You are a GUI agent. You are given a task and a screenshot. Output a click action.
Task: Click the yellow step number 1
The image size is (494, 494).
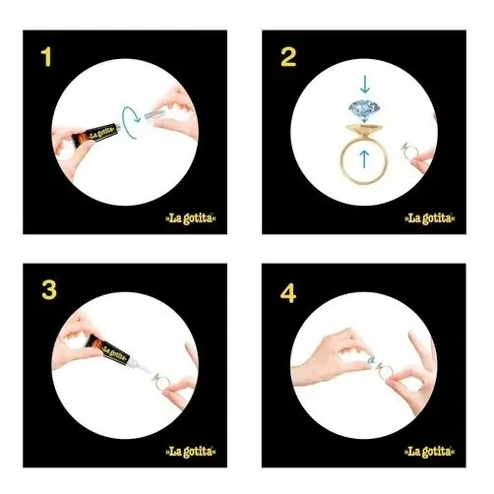point(46,57)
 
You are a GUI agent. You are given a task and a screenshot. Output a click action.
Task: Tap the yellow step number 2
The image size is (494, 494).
point(288,57)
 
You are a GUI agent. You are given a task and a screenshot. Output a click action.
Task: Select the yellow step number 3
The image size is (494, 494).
point(49,290)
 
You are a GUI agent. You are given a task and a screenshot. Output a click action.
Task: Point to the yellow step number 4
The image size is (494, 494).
point(288,292)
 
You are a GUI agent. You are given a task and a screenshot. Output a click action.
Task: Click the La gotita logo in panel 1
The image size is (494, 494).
point(191,218)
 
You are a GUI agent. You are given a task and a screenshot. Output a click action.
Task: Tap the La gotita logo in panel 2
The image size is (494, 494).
point(430,218)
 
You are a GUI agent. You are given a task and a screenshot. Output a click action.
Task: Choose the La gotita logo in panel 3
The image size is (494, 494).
point(191,452)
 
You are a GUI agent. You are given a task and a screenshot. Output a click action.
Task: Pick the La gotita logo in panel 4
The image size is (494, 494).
point(430,452)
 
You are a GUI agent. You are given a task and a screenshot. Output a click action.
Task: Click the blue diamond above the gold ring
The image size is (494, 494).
point(364,111)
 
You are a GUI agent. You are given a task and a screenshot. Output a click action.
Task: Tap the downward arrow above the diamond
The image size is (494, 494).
point(365,84)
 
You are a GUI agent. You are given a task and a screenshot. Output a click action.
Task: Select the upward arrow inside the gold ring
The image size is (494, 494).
point(364,158)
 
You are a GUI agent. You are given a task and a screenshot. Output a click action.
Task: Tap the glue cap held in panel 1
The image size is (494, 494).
point(154,115)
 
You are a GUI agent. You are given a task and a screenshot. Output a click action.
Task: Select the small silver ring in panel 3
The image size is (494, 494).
point(160,382)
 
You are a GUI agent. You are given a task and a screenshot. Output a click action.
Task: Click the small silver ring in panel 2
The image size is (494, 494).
point(409,151)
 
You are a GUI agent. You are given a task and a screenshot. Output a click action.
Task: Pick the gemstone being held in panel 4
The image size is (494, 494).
point(371,361)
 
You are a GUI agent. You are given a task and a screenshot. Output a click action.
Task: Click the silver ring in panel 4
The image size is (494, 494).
point(385,372)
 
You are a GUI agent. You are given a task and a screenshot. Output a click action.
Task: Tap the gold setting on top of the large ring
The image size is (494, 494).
point(364,131)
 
